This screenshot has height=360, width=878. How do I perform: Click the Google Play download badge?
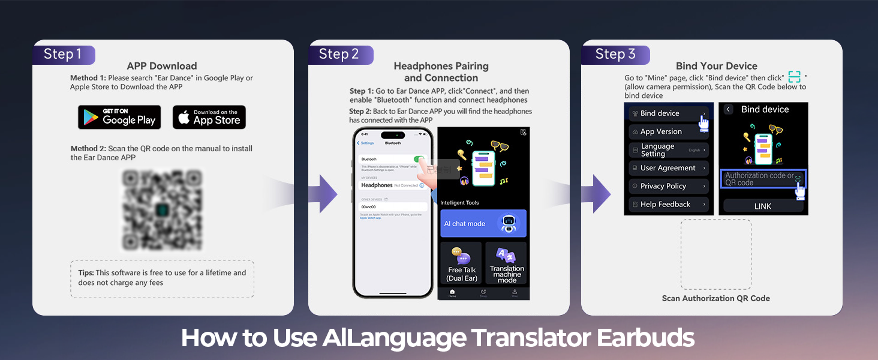pos(119,117)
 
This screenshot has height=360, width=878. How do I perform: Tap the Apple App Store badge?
pos(209,117)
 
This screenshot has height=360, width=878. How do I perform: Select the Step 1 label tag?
pos(63,55)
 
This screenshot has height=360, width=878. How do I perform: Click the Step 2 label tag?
pos(339,55)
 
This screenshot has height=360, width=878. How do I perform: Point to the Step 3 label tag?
pos(615,55)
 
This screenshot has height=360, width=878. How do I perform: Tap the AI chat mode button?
pos(483,223)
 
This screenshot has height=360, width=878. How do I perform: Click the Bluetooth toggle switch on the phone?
pos(419,160)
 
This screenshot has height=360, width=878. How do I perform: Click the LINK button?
pos(763,206)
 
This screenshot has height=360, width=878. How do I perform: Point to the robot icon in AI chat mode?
pos(509,224)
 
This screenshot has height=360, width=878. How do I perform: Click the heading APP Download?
pos(162,66)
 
